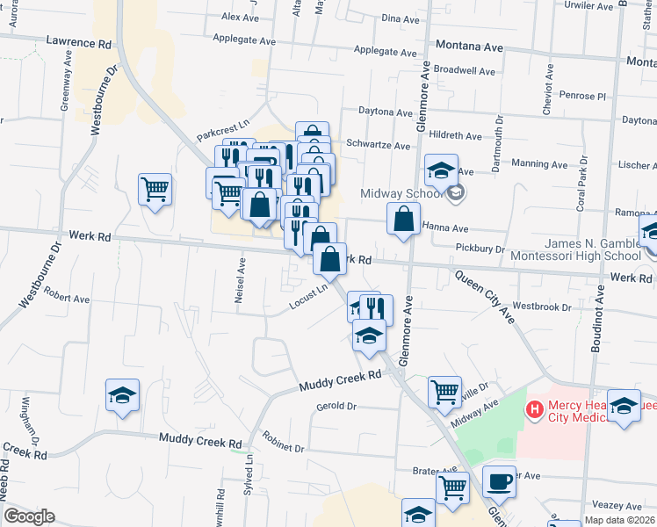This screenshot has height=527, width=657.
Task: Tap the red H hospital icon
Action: (533, 409)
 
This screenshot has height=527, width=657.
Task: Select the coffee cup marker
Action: (499, 480)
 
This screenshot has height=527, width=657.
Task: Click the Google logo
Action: (29, 516)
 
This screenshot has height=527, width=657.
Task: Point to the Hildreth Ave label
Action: (455, 136)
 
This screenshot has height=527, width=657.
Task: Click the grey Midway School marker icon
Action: (455, 192)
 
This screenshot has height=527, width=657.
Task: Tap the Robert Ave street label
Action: (68, 299)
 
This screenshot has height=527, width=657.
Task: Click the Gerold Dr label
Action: (336, 407)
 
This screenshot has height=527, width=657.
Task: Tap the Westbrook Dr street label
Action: (542, 307)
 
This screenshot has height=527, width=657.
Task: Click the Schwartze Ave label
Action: (379, 146)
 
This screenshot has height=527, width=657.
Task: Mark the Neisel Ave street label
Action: (239, 281)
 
